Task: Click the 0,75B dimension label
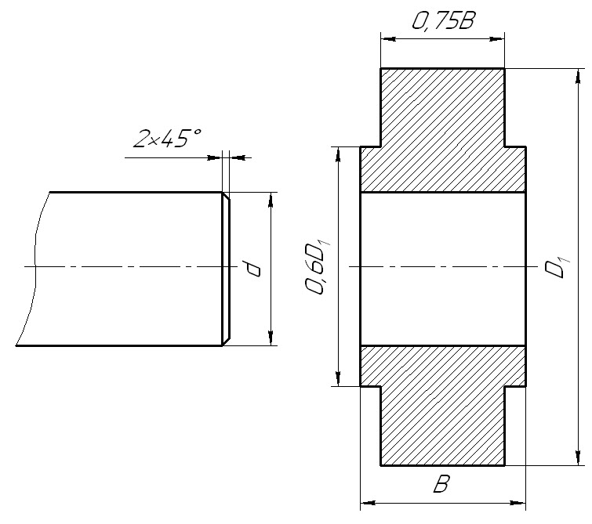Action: tap(442, 20)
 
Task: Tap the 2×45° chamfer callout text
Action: tap(167, 138)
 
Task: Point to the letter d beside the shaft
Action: tap(252, 268)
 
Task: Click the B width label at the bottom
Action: tap(441, 484)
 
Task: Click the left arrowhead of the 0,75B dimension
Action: tap(388, 38)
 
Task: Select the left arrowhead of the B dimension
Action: tap(368, 503)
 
